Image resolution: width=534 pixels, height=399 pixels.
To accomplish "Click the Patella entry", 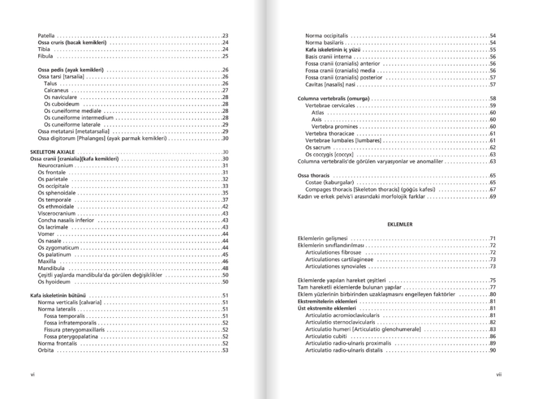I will click(x=46, y=36).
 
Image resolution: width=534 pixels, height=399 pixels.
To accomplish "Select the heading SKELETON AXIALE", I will click(x=52, y=152).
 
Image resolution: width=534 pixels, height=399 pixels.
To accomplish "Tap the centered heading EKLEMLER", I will click(x=399, y=225).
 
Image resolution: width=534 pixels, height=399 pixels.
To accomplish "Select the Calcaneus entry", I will click(x=56, y=90).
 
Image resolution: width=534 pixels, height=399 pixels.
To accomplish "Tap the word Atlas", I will click(x=318, y=113).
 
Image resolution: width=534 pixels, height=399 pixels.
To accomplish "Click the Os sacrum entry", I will click(x=318, y=148).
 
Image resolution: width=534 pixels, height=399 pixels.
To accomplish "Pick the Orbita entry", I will click(x=46, y=351).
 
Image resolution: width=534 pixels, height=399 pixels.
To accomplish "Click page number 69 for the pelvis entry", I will click(x=493, y=196).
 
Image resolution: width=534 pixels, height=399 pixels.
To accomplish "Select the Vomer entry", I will click(x=46, y=234).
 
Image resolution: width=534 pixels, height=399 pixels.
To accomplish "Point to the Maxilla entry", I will click(x=47, y=261).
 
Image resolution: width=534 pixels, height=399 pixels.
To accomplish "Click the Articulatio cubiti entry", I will click(x=325, y=336).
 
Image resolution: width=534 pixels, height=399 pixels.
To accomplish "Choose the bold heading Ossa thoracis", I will click(x=314, y=176).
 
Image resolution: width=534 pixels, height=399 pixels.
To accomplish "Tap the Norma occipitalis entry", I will click(x=327, y=36).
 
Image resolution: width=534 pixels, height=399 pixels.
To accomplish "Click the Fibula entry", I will click(x=46, y=56).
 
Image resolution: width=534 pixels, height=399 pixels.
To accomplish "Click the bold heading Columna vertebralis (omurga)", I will click(x=334, y=99).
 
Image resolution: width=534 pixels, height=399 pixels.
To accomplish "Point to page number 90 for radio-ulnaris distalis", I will click(x=493, y=350).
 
